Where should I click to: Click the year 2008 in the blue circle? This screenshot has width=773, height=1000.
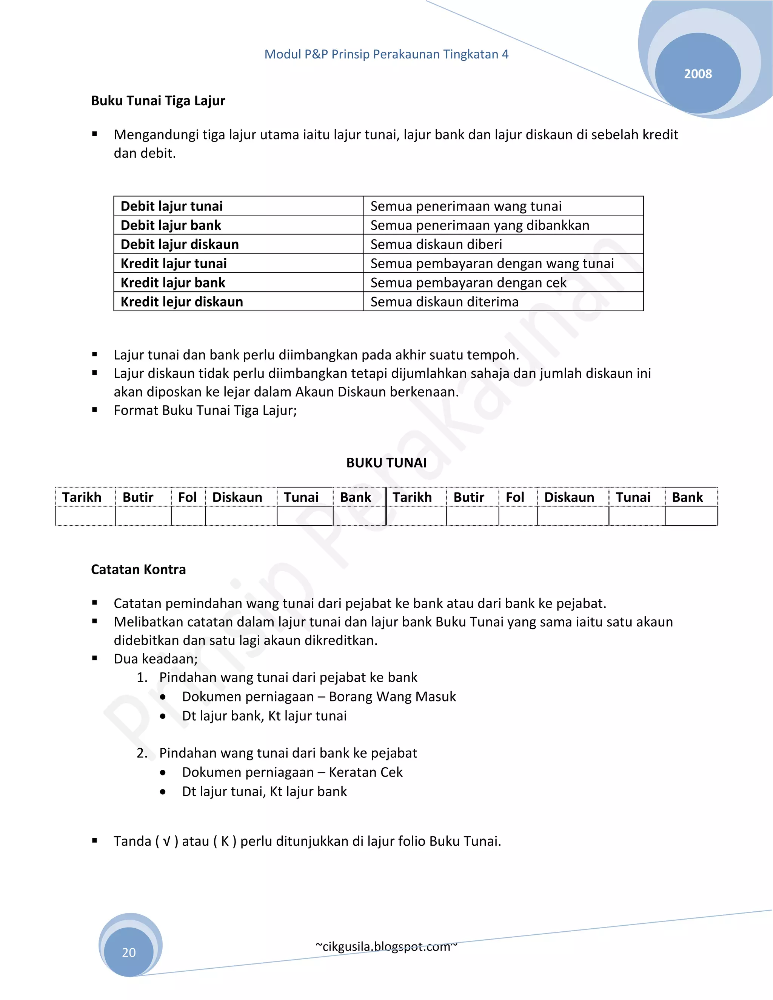(x=698, y=74)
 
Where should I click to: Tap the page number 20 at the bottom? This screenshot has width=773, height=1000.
(x=129, y=952)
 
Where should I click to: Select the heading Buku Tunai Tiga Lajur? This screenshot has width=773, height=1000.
(x=158, y=101)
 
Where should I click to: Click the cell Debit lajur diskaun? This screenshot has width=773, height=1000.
(x=180, y=245)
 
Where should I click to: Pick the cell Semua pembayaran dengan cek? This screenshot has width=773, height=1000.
(x=468, y=283)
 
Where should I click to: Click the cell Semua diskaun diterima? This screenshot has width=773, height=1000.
(x=444, y=302)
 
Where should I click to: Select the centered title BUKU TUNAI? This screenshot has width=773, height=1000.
(x=386, y=463)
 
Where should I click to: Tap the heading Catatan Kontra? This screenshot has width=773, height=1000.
(x=138, y=569)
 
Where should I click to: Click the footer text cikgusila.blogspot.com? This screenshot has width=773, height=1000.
(x=386, y=946)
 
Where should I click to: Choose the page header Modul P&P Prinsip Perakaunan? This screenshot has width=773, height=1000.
(x=386, y=54)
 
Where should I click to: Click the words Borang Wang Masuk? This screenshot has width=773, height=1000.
(x=393, y=697)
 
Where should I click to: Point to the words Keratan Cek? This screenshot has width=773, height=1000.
(x=365, y=772)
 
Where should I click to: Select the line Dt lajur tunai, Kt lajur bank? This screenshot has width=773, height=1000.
(x=264, y=792)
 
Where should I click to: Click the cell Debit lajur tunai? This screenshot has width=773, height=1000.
(x=171, y=206)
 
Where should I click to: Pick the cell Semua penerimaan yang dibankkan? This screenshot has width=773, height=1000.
(x=479, y=225)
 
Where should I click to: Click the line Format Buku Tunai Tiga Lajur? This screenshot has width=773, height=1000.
(x=205, y=410)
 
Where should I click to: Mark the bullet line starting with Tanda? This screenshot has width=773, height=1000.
(x=307, y=842)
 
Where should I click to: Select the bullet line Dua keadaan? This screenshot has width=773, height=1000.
(x=156, y=659)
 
